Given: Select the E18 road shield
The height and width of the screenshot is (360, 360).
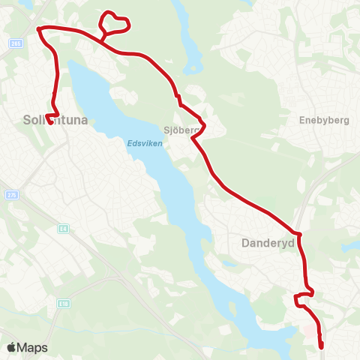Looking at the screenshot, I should pos(65,302).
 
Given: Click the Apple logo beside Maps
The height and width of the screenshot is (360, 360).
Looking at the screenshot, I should pos(11,347).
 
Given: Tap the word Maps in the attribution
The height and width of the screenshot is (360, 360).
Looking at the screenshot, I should pos(33,347).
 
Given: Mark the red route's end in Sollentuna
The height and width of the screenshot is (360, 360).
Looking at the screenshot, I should pos(50,122).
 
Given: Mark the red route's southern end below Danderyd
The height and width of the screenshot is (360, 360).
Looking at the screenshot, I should pos(322,346).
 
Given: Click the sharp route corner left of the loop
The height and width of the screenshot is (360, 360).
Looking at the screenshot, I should pos(39,28).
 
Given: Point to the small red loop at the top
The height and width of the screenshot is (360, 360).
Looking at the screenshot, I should pos(115,22).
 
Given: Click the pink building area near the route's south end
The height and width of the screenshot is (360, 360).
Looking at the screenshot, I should pos(310,331).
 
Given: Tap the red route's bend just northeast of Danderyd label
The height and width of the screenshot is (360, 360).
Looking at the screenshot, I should pos(298,235).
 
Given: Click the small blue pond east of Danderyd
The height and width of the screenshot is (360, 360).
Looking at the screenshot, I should pos(350,245).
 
